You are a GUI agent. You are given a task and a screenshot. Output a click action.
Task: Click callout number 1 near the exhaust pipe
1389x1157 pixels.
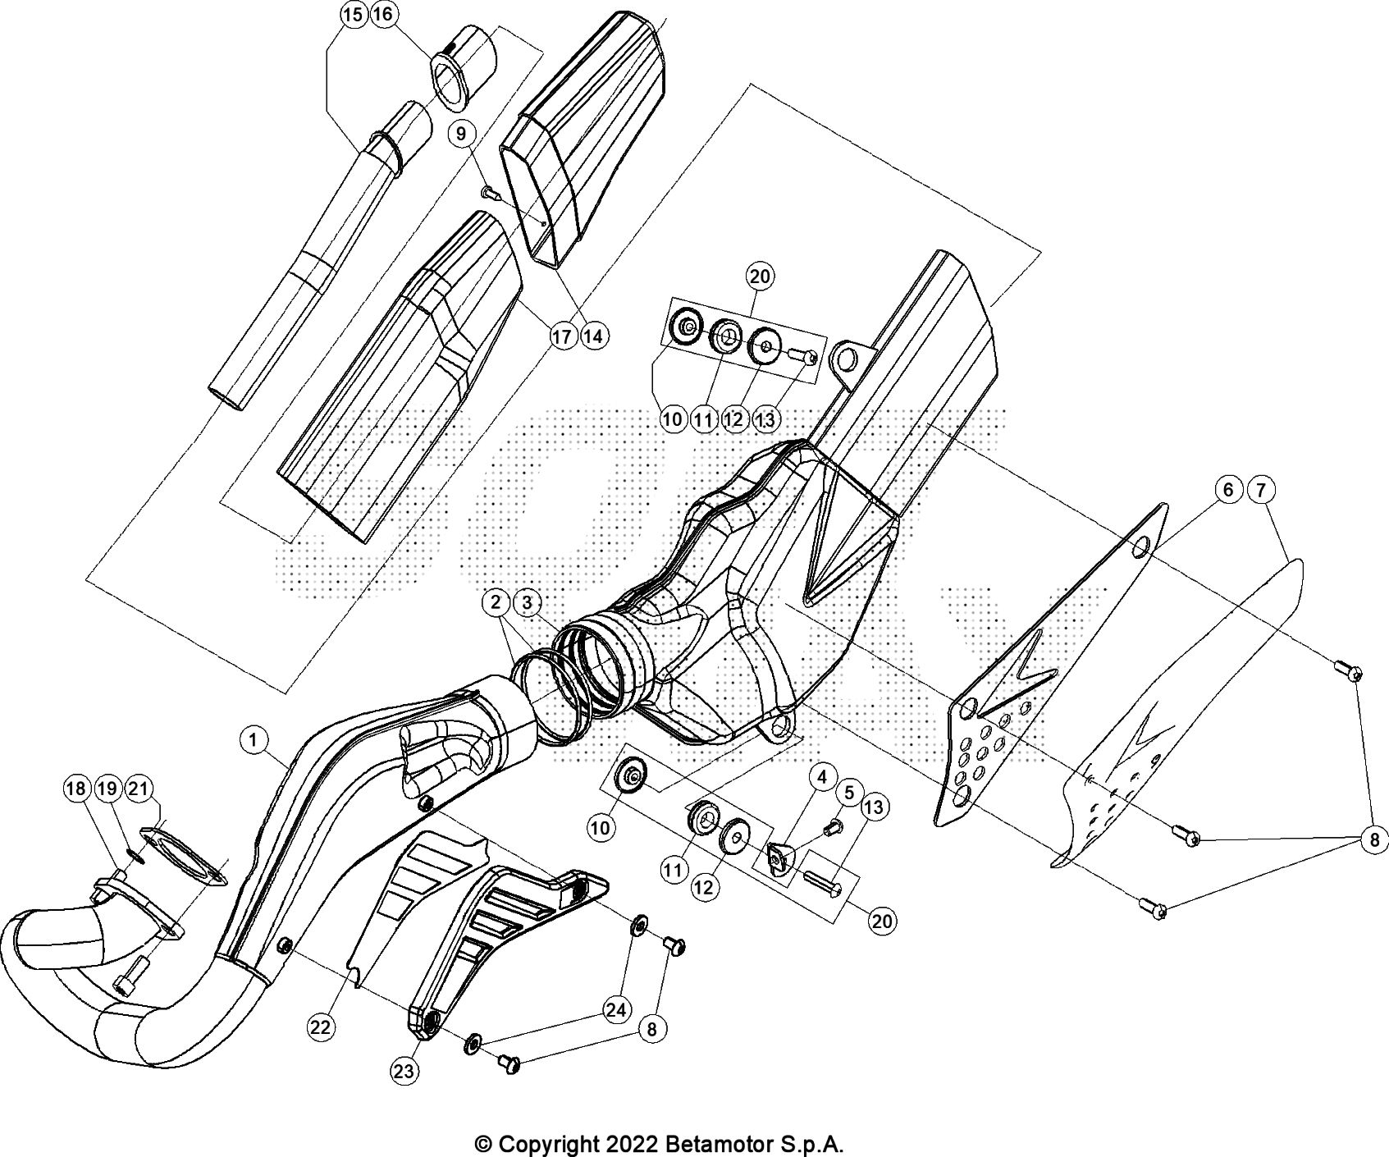tap(254, 741)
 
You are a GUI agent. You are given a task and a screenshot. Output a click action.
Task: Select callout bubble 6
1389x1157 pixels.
tap(1228, 491)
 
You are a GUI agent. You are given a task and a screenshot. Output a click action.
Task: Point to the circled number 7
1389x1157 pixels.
tap(1261, 491)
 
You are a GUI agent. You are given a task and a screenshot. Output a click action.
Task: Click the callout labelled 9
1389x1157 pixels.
tap(461, 132)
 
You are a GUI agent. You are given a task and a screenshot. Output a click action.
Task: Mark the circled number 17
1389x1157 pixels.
tap(562, 335)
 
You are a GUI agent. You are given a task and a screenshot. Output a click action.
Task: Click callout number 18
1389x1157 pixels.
tap(75, 789)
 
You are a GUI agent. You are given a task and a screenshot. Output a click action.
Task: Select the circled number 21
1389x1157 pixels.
tap(139, 789)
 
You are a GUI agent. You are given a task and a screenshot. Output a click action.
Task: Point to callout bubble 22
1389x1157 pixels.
tap(322, 1025)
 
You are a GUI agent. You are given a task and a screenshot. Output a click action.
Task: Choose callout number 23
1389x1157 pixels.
tap(406, 1070)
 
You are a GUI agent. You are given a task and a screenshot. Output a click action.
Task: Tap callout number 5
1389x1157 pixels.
tap(849, 793)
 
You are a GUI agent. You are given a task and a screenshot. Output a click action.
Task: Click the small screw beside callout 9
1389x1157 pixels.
tap(490, 192)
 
